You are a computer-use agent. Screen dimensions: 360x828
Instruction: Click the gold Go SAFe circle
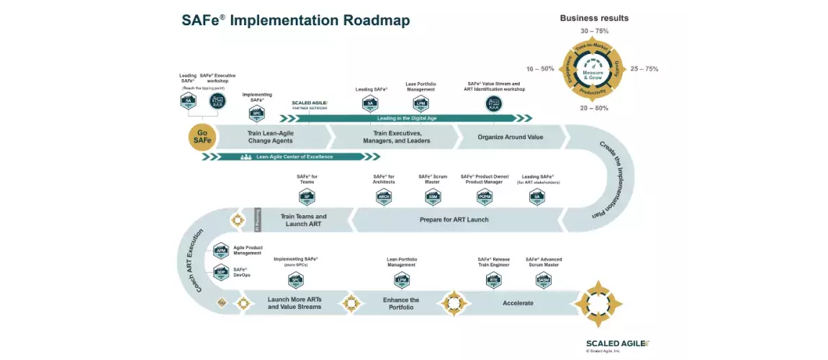202,136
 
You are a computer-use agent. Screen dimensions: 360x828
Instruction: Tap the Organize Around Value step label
510,137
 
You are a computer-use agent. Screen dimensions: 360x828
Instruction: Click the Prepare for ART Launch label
454,220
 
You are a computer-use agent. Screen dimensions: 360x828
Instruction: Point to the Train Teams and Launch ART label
303,220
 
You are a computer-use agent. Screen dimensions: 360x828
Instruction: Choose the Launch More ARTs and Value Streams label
294,303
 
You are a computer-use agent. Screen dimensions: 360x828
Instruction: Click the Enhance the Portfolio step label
400,303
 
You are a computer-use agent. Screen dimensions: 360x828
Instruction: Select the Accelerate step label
518,303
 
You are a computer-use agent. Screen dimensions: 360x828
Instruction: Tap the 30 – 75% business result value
595,31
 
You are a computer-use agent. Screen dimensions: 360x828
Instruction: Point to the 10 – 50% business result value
540,69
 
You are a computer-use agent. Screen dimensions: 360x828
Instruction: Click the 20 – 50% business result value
595,108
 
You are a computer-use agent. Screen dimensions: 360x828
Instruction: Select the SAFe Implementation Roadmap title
295,21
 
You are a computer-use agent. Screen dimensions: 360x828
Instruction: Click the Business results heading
594,18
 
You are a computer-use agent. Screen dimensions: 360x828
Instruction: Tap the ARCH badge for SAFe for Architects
384,197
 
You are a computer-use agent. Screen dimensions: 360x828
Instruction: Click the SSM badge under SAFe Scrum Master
433,197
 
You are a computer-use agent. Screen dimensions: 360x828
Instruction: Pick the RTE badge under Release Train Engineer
494,279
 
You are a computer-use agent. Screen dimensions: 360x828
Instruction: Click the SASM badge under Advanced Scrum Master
544,279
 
